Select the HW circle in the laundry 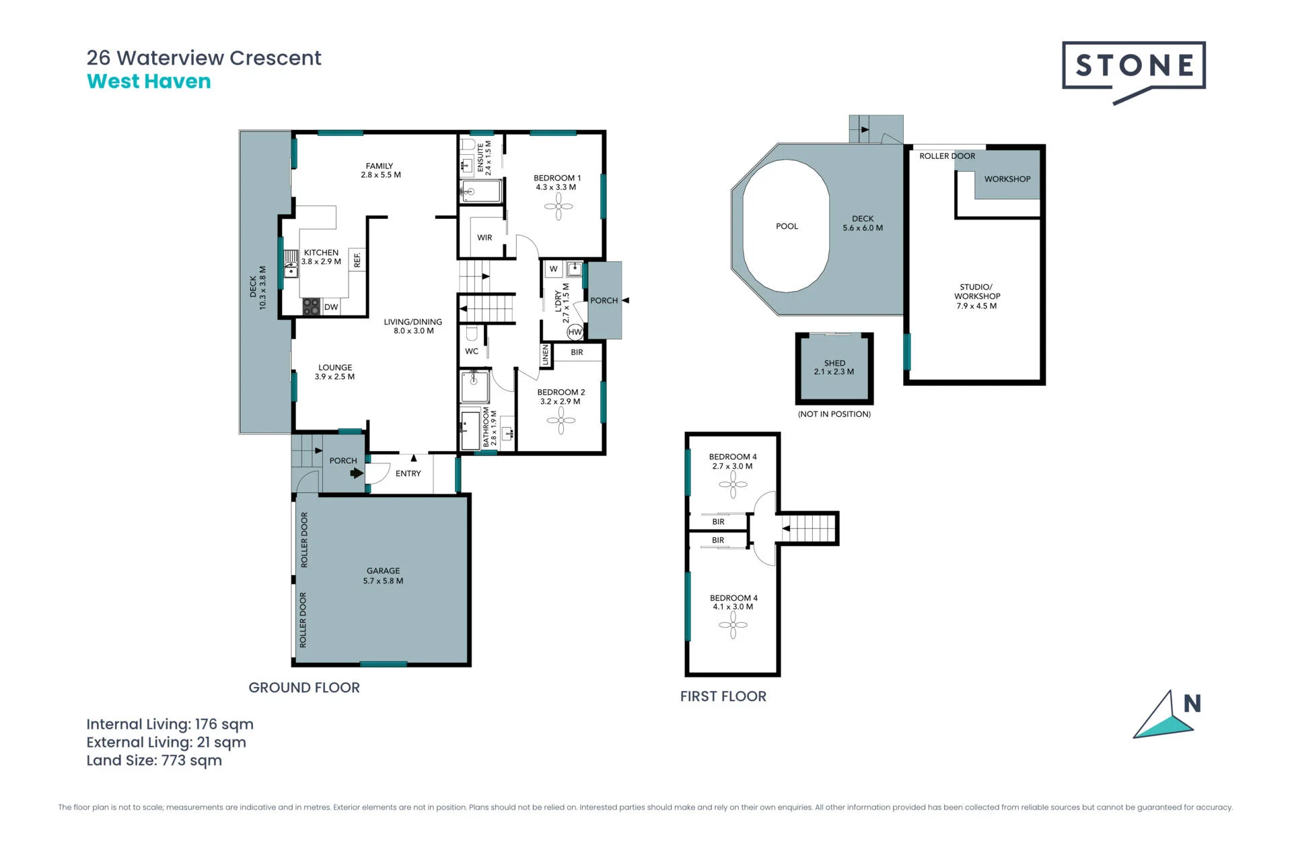pos(575,332)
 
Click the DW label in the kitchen pos(331,307)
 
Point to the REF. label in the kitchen pos(357,260)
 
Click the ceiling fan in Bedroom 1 pos(559,207)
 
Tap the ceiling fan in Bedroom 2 pos(561,421)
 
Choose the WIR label pos(485,238)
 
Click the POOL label pos(787,226)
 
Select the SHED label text pos(834,363)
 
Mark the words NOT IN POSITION pos(834,414)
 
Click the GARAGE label pos(383,570)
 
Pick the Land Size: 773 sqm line pos(154,760)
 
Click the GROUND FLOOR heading pos(304,688)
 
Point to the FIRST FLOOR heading pos(723,696)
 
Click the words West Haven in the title pos(149,81)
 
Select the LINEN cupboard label pos(546,356)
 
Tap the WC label pos(472,352)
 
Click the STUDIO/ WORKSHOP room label pos(976,296)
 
